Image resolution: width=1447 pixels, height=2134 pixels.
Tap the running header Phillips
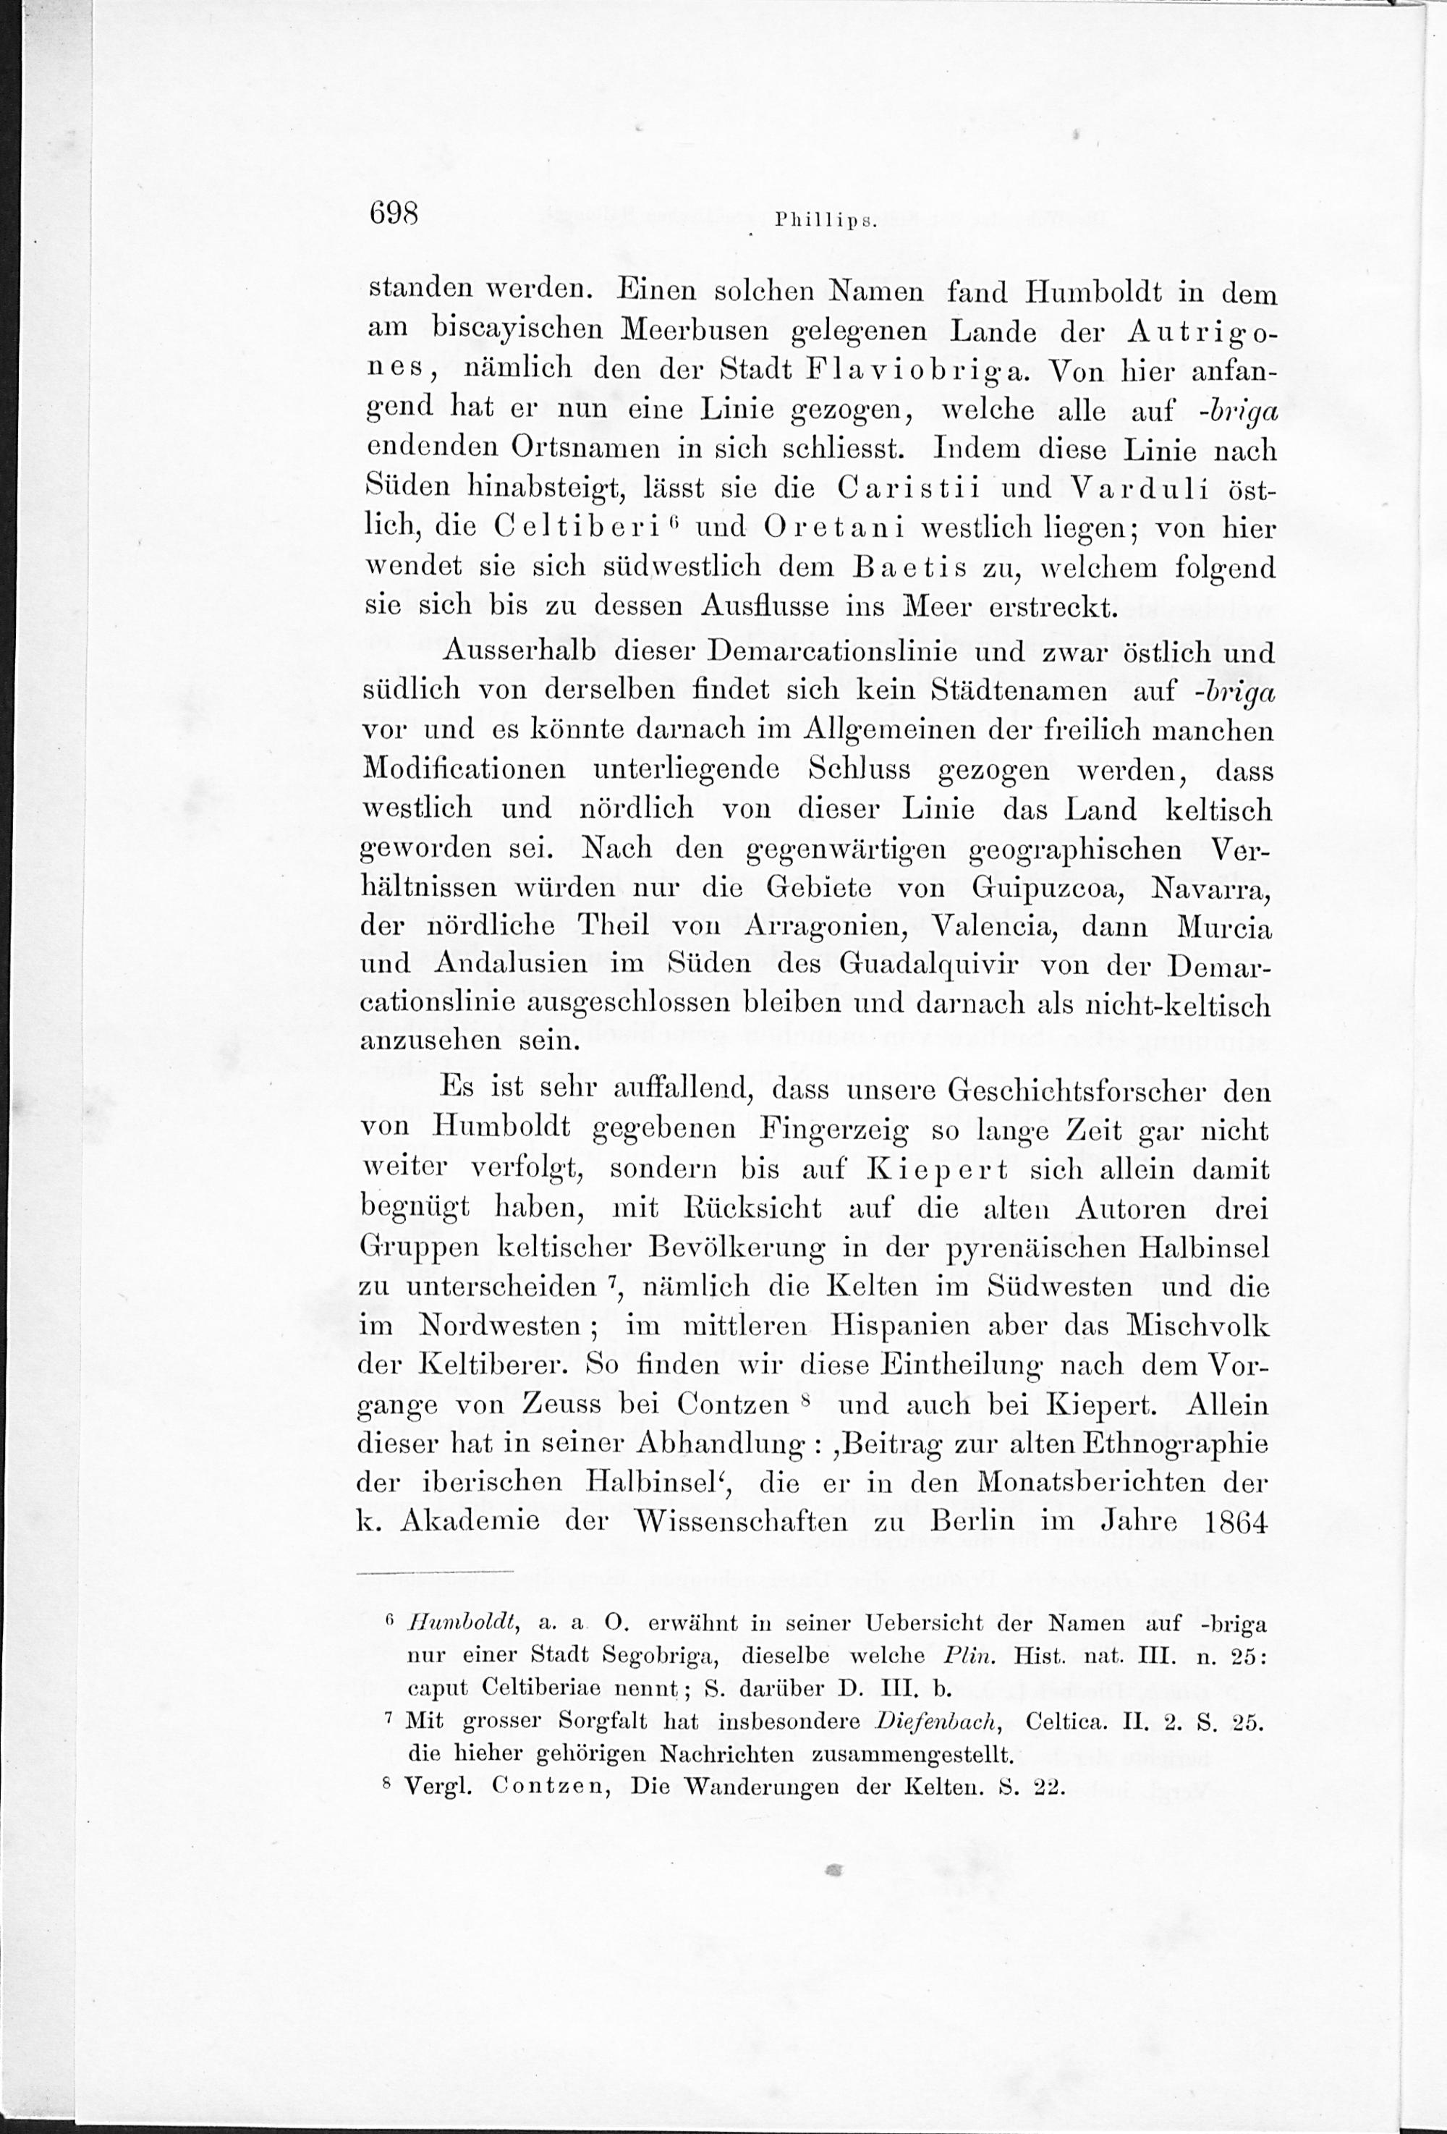pos(827,221)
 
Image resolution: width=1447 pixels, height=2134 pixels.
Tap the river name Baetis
pos(908,567)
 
